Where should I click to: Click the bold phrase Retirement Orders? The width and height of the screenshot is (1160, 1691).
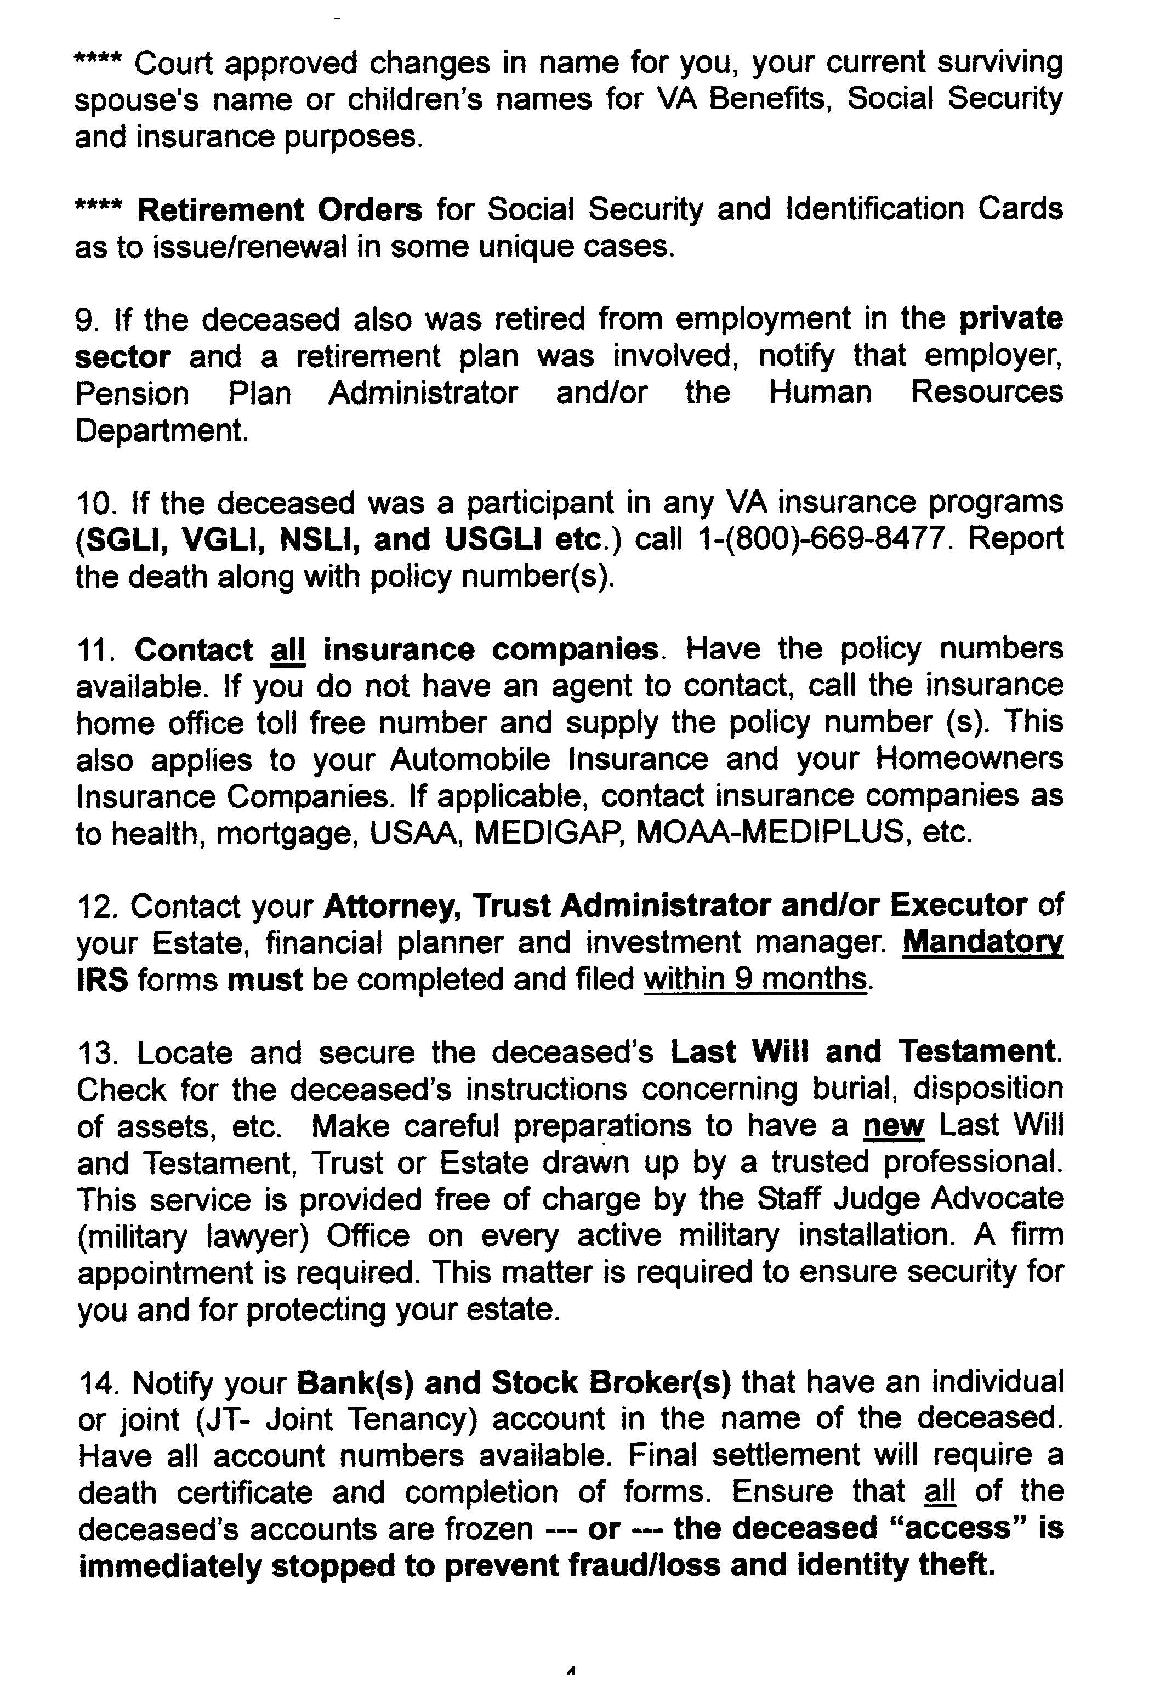tap(280, 211)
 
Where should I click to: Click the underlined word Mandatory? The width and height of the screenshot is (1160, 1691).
tap(982, 944)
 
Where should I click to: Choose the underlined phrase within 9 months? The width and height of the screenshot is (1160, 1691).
tap(756, 980)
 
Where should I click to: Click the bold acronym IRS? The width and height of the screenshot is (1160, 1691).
tap(102, 980)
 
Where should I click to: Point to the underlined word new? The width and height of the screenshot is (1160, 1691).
tap(893, 1126)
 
